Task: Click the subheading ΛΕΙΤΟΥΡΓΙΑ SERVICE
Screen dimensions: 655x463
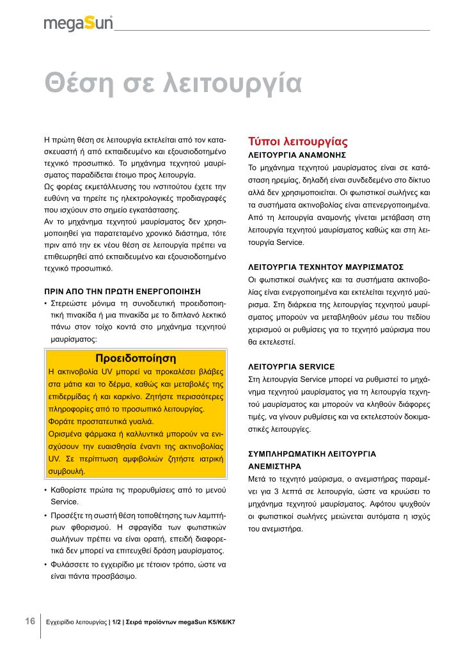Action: point(291,367)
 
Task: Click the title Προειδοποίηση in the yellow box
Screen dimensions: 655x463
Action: point(135,357)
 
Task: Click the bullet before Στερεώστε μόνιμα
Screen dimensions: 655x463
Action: point(45,303)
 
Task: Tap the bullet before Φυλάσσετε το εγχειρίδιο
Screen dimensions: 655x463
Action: point(45,565)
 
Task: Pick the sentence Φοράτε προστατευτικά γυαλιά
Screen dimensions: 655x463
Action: point(101,422)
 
